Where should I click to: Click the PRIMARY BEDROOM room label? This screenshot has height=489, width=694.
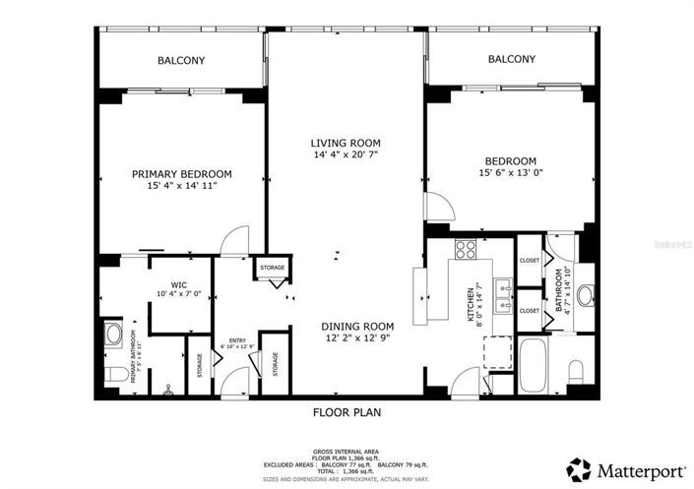pyautogui.click(x=182, y=173)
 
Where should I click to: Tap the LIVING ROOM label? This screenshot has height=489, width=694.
pyautogui.click(x=346, y=143)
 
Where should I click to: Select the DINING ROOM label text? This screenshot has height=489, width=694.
pyautogui.click(x=357, y=327)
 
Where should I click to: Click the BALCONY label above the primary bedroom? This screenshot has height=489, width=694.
pyautogui.click(x=181, y=60)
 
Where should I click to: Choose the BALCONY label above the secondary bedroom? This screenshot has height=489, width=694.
pyautogui.click(x=512, y=59)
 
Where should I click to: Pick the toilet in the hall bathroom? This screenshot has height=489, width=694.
pyautogui.click(x=577, y=371)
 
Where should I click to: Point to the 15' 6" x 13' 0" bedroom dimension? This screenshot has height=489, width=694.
pyautogui.click(x=510, y=173)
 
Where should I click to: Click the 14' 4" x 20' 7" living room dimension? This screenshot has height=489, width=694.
pyautogui.click(x=346, y=154)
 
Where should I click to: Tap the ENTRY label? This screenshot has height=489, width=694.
pyautogui.click(x=237, y=339)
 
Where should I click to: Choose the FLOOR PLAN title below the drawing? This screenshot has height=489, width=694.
pyautogui.click(x=347, y=412)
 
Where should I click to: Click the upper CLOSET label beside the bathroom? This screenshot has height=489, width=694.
pyautogui.click(x=530, y=261)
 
